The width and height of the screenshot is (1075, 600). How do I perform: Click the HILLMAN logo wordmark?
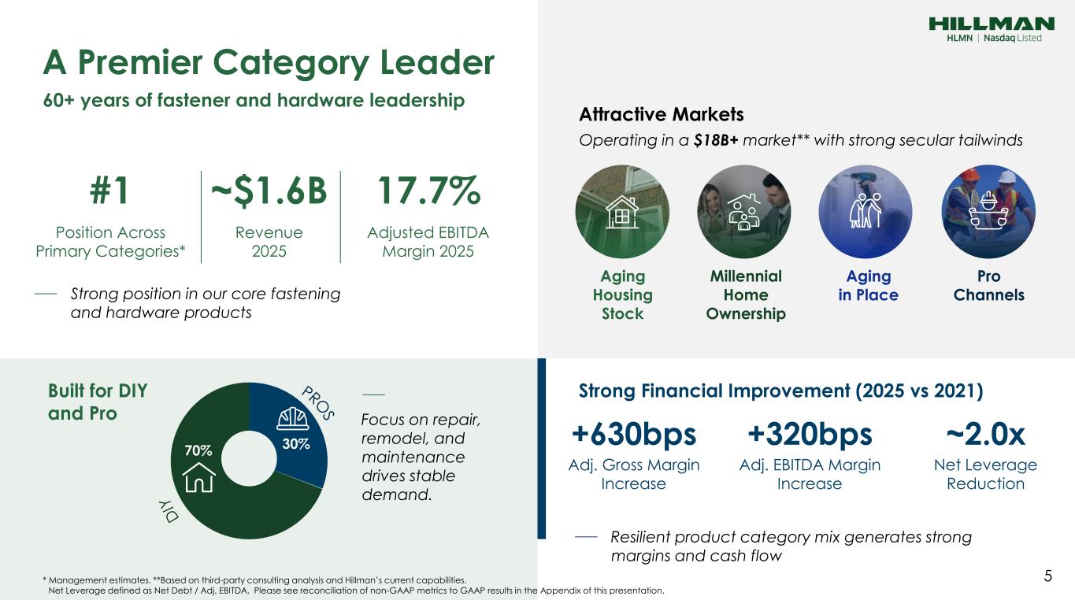click(992, 24)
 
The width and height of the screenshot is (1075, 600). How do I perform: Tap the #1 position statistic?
click(109, 191)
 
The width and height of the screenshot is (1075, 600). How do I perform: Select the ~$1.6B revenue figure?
click(269, 191)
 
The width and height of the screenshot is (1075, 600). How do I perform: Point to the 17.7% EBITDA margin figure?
click(428, 191)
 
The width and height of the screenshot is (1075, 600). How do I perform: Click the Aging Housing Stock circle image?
click(622, 212)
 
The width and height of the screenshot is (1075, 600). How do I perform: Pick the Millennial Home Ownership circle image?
click(744, 212)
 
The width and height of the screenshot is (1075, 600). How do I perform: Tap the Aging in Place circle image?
click(866, 212)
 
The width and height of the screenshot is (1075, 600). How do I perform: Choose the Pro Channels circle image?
click(988, 212)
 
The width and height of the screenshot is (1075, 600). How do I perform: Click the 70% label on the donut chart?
click(198, 450)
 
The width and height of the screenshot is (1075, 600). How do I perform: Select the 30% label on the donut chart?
click(296, 444)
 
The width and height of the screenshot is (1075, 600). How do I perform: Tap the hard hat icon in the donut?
click(293, 419)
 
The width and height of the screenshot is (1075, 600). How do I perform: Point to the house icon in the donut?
click(198, 478)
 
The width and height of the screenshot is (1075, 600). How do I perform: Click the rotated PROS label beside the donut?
click(317, 403)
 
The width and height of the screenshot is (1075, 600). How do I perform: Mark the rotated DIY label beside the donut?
click(169, 511)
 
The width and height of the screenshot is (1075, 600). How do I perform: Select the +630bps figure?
click(633, 435)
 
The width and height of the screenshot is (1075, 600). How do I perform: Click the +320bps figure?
click(810, 435)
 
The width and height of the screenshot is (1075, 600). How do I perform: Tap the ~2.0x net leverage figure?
click(986, 435)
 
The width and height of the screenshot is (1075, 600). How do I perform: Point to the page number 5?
click(1048, 576)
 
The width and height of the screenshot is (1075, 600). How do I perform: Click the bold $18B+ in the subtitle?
click(716, 140)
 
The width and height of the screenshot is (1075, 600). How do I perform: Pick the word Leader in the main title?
click(437, 62)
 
